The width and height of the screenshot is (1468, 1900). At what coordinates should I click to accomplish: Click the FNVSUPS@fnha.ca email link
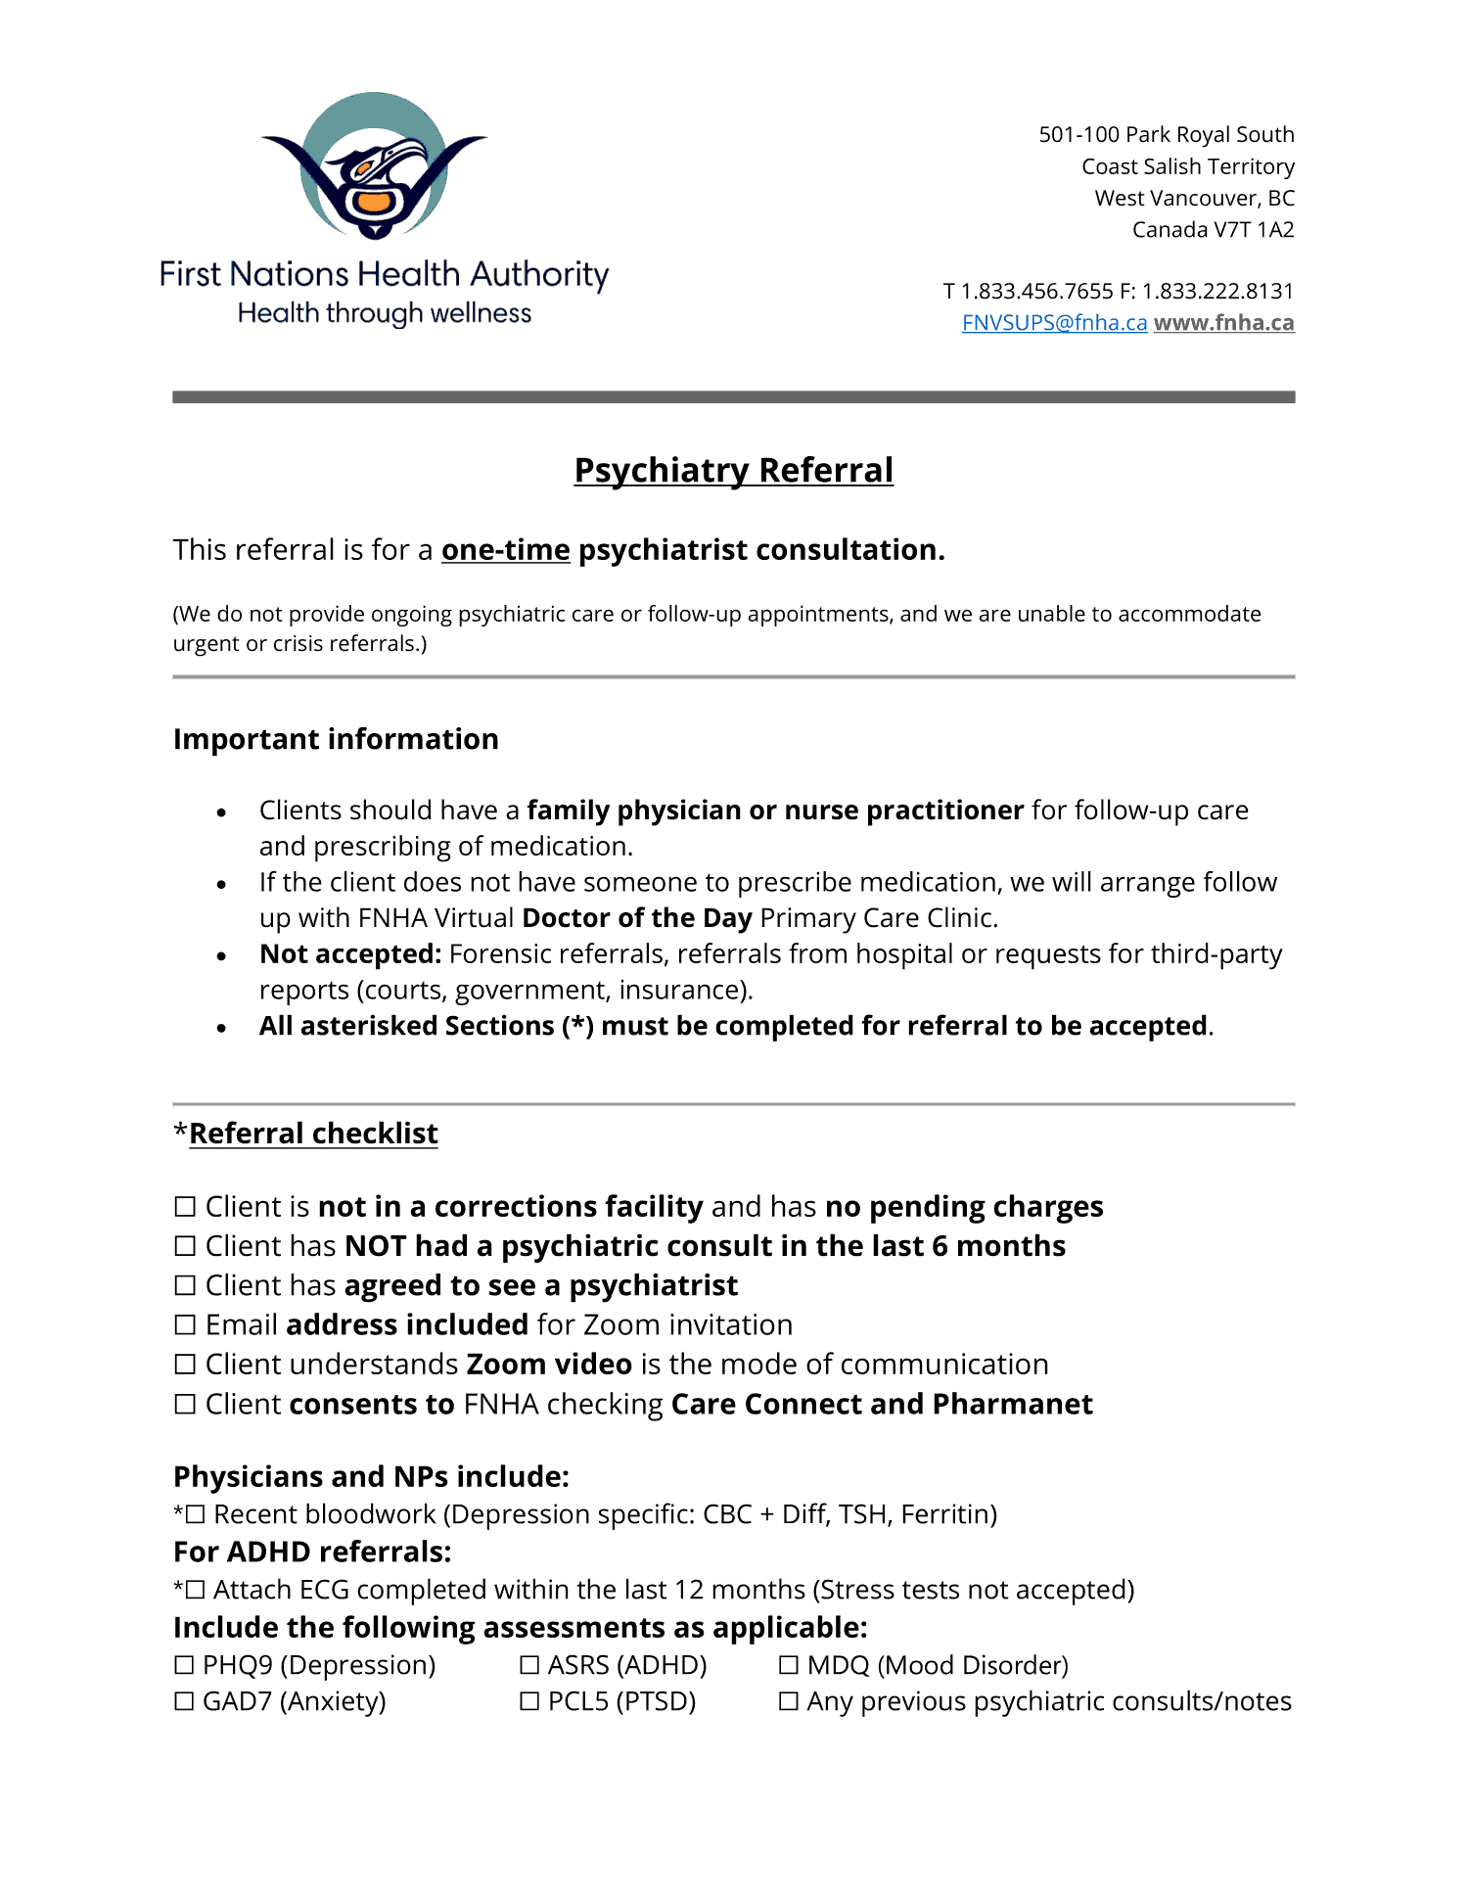1054,323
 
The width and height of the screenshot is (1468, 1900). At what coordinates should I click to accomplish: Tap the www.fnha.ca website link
1223,323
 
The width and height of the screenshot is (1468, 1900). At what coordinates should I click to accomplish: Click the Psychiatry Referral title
733,470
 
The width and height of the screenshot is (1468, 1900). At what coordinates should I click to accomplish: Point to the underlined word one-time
505,550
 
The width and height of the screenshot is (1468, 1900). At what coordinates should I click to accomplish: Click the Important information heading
336,739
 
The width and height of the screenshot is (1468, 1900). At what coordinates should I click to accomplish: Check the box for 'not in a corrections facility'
185,1207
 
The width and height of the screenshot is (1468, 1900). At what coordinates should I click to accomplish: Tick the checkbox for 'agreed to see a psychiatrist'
185,1285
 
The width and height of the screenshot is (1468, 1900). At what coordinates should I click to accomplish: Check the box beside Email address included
185,1325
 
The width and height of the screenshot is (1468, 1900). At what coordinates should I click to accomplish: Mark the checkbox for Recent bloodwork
195,1515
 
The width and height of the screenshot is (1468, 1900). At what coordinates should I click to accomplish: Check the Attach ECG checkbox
195,1591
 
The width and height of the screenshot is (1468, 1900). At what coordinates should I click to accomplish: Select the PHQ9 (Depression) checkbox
184,1665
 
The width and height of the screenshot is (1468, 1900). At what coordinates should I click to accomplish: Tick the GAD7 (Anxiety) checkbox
184,1702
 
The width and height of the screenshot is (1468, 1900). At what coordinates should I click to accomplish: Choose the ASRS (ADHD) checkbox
529,1665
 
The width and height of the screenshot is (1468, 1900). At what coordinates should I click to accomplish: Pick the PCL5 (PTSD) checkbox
529,1702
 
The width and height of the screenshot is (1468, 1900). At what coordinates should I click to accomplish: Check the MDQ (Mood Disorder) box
789,1665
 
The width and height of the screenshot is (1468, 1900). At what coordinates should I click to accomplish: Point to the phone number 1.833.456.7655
1037,292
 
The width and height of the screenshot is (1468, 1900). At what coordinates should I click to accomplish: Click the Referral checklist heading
313,1134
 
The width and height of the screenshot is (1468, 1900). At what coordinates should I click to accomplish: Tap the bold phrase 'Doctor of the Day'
637,918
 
